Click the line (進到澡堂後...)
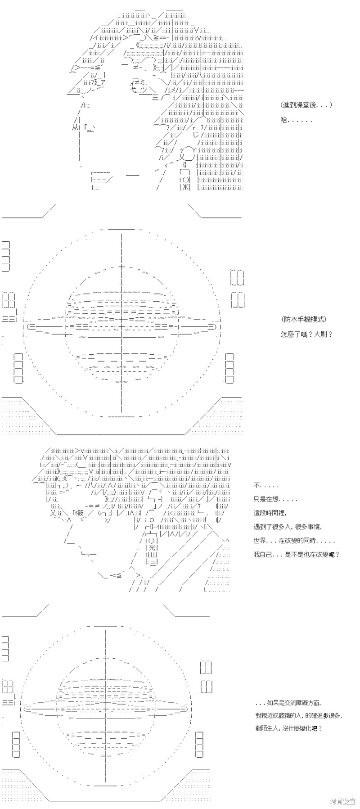(x=306, y=105)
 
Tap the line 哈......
(x=296, y=120)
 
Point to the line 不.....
(x=265, y=486)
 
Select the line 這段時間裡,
(x=270, y=513)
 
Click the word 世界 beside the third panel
(x=260, y=541)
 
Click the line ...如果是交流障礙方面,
(x=288, y=703)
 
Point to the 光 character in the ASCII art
(x=152, y=547)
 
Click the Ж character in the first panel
(x=184, y=188)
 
